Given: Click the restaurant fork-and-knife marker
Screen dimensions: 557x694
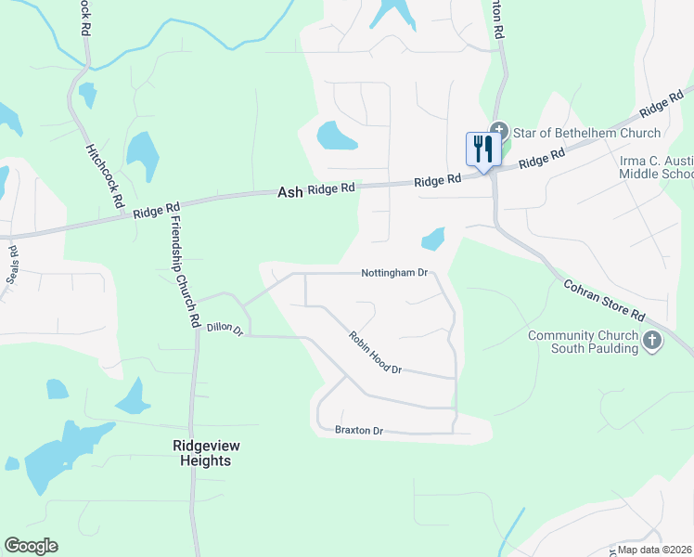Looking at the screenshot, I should [483, 149].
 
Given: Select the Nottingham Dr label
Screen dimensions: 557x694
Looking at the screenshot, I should [394, 274].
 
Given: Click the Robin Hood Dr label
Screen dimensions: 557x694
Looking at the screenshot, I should [375, 354].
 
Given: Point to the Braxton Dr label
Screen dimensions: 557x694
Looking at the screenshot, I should [358, 431].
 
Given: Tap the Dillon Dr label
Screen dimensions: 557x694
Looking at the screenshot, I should [225, 328].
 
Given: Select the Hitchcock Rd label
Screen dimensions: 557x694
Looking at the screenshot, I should [104, 175].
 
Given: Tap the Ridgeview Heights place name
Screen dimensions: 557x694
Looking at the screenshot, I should [201, 453].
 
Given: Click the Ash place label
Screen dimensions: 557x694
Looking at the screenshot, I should [290, 191].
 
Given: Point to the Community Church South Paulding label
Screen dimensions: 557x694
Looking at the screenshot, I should [583, 342].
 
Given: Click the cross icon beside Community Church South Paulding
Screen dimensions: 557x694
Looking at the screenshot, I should [652, 342].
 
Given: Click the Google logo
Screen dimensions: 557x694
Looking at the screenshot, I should [31, 546].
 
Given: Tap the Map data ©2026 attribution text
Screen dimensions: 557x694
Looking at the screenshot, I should [654, 550].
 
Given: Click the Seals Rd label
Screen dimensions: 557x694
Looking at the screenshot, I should [13, 266].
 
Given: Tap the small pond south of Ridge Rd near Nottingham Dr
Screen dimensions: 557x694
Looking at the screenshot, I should [433, 240].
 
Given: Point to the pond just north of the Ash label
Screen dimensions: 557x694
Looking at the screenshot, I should [336, 136].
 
